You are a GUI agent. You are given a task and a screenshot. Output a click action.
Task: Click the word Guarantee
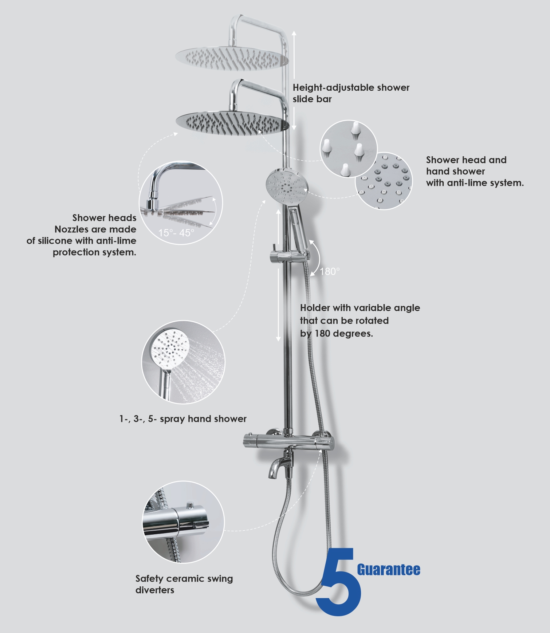click(x=389, y=570)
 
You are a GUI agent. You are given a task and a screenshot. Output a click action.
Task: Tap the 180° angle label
click(x=330, y=271)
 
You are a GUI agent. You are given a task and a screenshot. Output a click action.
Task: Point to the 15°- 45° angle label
click(x=176, y=233)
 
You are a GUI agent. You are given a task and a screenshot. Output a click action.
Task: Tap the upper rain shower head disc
click(x=232, y=58)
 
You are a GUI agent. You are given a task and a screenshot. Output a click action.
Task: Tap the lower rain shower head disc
click(x=233, y=123)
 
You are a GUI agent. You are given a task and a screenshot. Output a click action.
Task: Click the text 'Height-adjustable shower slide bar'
click(x=351, y=93)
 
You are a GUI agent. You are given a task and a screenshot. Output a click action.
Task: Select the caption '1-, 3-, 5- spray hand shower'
click(x=183, y=419)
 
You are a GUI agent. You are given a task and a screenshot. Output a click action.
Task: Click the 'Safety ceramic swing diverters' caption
click(x=184, y=584)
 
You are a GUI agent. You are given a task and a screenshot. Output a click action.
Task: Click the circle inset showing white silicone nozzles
click(x=349, y=149)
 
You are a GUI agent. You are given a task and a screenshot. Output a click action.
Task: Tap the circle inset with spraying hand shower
click(x=183, y=362)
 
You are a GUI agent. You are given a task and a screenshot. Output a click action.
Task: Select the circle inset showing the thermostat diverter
click(x=183, y=522)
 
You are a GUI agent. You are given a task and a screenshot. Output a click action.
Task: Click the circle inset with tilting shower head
click(x=181, y=203)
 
